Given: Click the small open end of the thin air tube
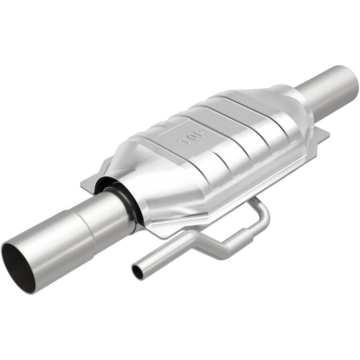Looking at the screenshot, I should (x=137, y=271).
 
